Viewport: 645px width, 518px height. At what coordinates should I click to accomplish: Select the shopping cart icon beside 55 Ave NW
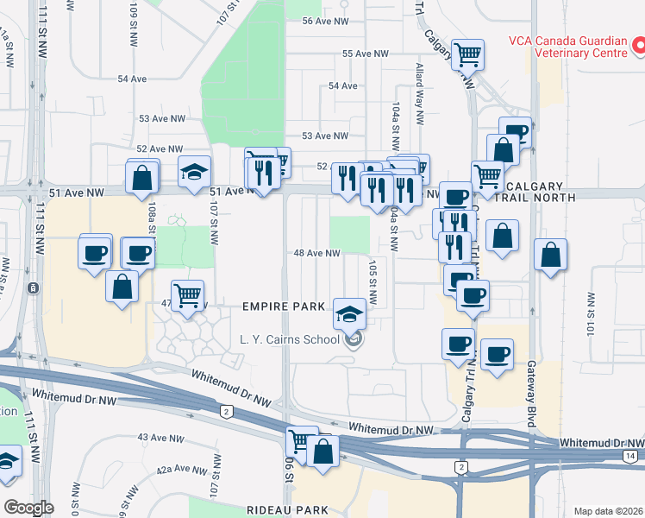(467, 55)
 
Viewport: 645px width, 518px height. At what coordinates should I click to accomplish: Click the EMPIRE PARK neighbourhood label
(284, 306)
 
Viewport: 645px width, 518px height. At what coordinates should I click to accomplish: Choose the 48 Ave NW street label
(318, 254)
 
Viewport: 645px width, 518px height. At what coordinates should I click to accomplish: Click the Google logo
(28, 508)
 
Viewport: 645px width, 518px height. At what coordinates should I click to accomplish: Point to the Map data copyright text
(608, 511)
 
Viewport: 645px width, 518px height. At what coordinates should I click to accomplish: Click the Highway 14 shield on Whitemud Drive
(631, 455)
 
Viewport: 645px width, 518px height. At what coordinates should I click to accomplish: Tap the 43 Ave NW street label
(161, 439)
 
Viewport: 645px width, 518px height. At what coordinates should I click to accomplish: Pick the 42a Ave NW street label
(181, 471)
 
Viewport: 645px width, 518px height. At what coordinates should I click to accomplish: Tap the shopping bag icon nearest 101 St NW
(550, 256)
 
